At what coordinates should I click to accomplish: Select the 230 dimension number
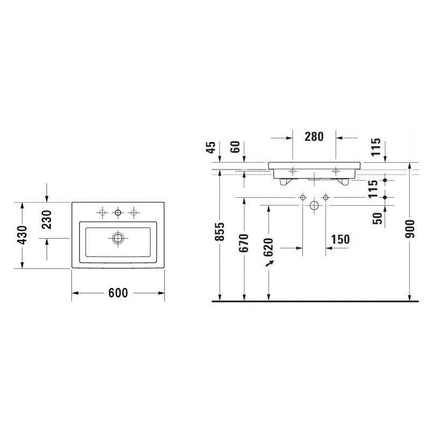click(x=47, y=220)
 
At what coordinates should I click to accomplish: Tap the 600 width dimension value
click(x=118, y=293)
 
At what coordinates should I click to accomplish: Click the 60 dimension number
click(x=235, y=147)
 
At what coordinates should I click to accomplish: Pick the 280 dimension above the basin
click(x=314, y=137)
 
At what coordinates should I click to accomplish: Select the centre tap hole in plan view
click(x=118, y=213)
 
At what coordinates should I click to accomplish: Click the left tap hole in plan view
click(x=103, y=213)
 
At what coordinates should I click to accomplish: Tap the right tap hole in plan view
click(x=134, y=213)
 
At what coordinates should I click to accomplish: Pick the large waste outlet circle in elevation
click(x=314, y=206)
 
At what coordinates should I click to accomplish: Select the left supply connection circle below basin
click(x=303, y=198)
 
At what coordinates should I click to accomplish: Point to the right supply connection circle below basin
click(x=326, y=198)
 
